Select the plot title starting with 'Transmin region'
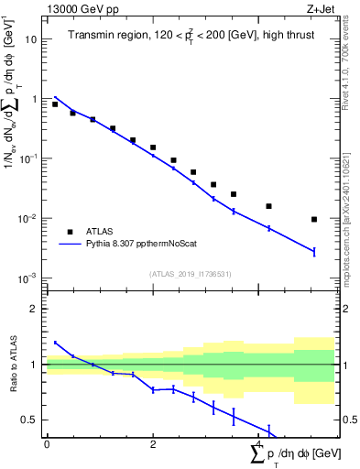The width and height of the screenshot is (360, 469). click(190, 36)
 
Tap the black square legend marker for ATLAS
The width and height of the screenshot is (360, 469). click(70, 232)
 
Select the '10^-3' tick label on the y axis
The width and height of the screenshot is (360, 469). click(28, 278)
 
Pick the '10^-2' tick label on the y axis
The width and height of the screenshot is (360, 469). click(28, 219)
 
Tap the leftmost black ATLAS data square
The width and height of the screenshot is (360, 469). click(55, 104)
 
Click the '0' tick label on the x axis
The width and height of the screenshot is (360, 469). click(47, 444)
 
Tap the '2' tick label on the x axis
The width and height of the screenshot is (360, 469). click(153, 444)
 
